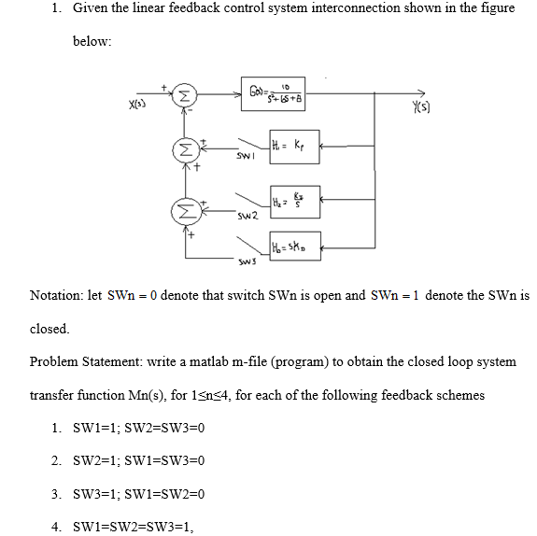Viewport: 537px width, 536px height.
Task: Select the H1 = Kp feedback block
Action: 293,145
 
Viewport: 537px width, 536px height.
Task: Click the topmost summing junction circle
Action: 185,95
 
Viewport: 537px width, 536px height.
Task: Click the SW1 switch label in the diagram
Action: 245,161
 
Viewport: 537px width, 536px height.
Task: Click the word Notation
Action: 57,295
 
